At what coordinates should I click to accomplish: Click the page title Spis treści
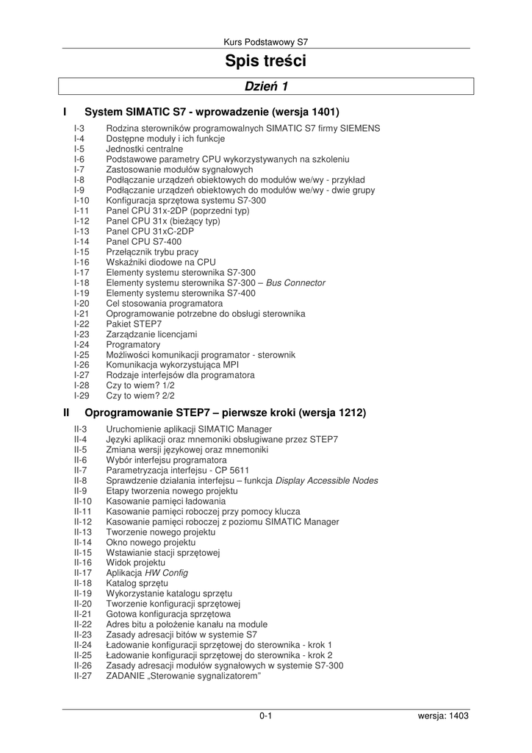coord(265,61)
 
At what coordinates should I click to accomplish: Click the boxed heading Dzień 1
coord(265,87)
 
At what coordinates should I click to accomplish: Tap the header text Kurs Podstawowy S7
coord(265,42)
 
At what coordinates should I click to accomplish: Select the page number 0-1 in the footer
coord(265,715)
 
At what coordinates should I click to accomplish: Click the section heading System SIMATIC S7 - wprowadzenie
coord(212,113)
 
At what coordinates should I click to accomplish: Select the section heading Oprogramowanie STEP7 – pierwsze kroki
coord(225,413)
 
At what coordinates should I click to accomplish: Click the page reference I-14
coord(82,241)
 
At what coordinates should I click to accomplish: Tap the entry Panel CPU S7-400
coord(143,241)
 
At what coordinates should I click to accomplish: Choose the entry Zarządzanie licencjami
coord(151,334)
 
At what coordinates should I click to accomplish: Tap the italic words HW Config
coord(166,573)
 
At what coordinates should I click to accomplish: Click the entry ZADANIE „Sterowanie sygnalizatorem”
coord(184,676)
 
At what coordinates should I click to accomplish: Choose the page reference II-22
coord(82,624)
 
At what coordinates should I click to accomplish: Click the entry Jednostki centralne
coord(145,149)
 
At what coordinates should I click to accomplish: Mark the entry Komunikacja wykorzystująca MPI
coord(172,365)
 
